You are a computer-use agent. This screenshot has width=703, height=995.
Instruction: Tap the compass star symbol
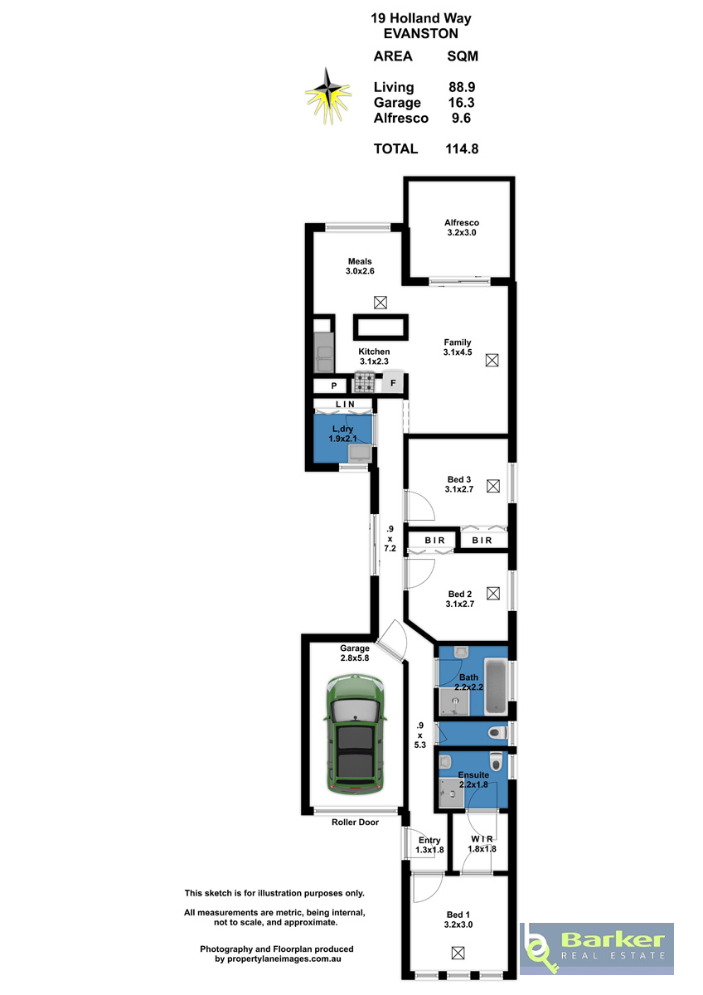[328, 95]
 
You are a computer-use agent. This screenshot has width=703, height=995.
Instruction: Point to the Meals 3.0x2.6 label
[360, 266]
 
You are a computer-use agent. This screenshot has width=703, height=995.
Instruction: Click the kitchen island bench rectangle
[381, 328]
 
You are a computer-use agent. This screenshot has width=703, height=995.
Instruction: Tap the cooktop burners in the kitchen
[365, 382]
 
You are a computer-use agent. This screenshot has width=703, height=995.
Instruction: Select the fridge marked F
[393, 382]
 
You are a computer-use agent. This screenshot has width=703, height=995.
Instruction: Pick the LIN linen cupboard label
[345, 405]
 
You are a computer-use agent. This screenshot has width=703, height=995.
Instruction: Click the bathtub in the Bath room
[496, 687]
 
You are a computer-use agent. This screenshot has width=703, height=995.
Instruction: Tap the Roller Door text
[355, 823]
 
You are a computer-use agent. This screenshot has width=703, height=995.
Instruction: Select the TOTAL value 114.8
[462, 148]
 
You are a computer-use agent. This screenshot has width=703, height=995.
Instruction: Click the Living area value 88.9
[462, 87]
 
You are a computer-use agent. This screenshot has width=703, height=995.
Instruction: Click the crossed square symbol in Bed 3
[493, 486]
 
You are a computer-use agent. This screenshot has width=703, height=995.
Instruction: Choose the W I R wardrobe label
[482, 839]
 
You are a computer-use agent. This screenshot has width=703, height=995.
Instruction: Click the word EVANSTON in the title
[420, 34]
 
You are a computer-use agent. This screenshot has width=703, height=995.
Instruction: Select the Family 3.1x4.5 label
[458, 347]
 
